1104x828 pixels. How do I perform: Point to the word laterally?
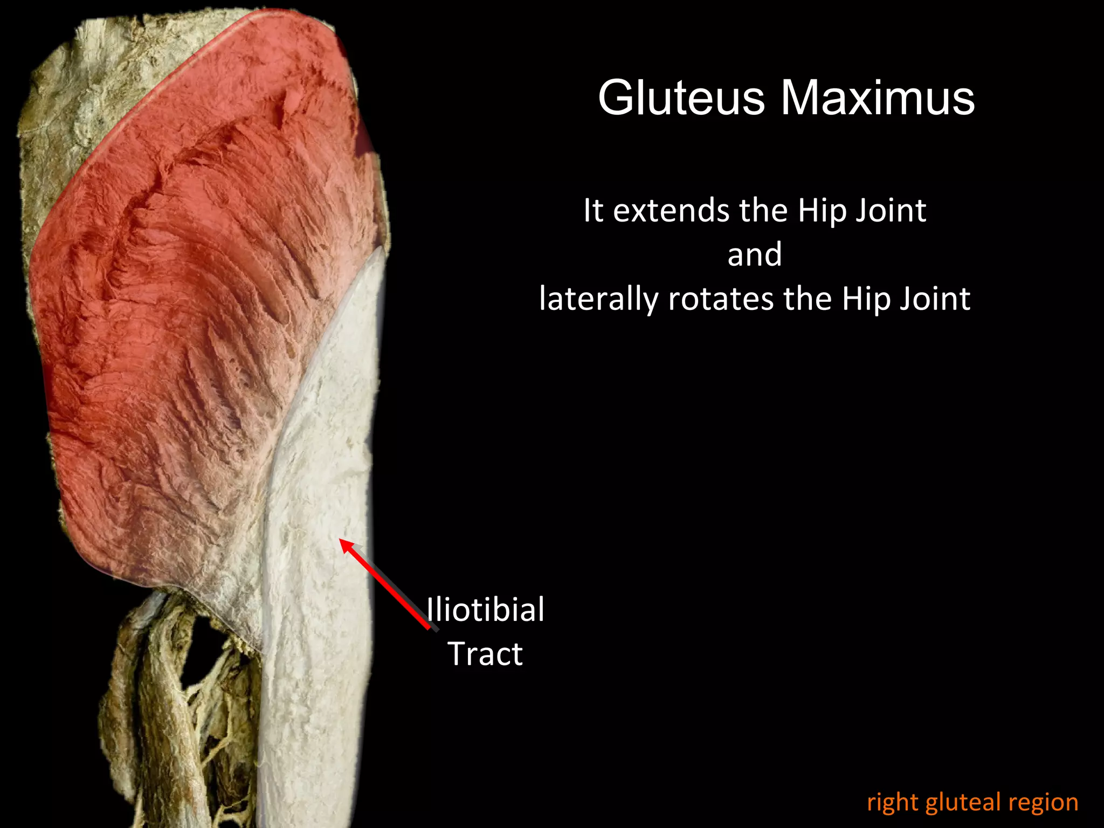[x=599, y=299]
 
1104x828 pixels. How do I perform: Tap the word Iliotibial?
[x=485, y=610]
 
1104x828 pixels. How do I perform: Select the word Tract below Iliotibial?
[x=485, y=654]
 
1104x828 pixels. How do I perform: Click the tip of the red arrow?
[x=341, y=540]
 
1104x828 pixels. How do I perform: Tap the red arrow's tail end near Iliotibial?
[x=429, y=627]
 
